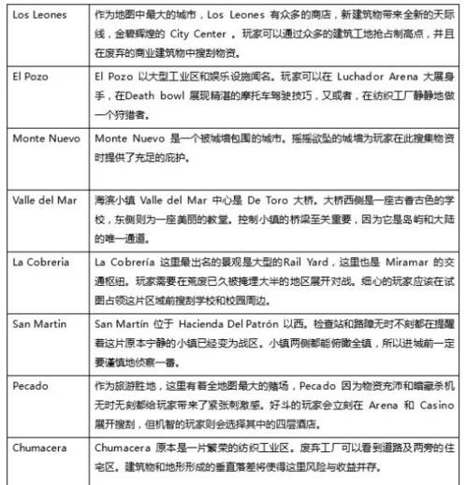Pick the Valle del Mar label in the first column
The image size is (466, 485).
(43, 199)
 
